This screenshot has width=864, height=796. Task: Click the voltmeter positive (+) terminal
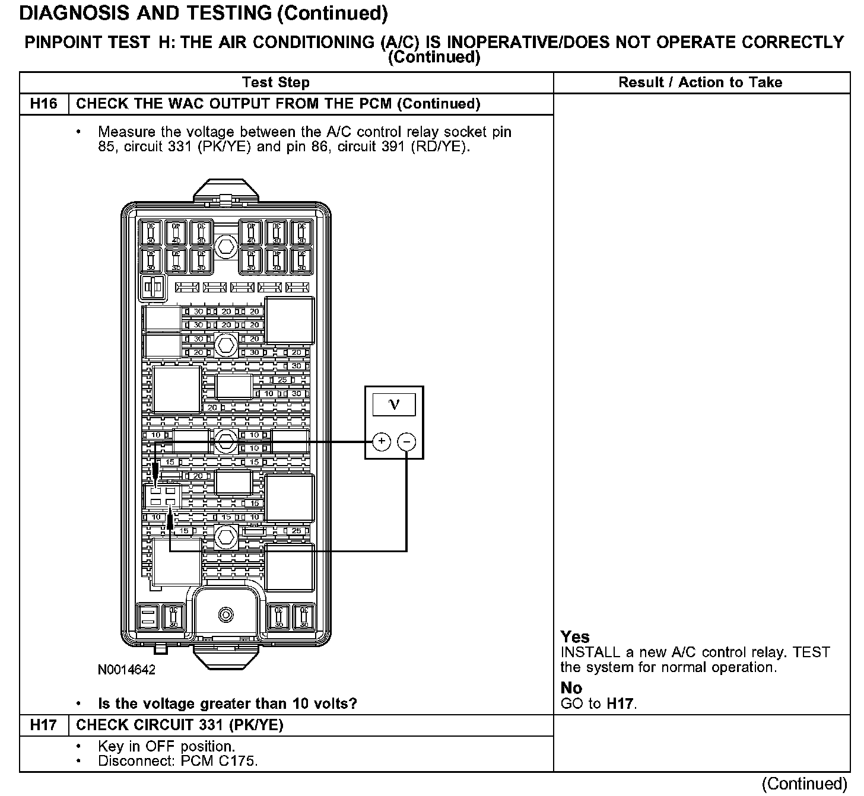382,442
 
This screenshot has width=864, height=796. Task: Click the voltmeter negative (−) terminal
406,442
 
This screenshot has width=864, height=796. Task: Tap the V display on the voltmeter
394,405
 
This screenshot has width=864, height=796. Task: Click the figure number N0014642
126,670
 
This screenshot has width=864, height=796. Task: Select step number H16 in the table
44,104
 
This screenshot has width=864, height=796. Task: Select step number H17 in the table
44,725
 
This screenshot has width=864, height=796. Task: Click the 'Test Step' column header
276,82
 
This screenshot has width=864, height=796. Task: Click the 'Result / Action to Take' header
700,82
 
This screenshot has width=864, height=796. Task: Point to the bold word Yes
575,637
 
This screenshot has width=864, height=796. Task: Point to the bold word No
571,688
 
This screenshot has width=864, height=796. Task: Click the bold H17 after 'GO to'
620,704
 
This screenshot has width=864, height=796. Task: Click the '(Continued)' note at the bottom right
804,784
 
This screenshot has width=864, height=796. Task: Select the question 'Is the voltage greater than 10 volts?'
227,704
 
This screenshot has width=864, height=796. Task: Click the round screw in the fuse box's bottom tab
225,614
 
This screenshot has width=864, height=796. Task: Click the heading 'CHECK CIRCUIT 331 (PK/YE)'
180,725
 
